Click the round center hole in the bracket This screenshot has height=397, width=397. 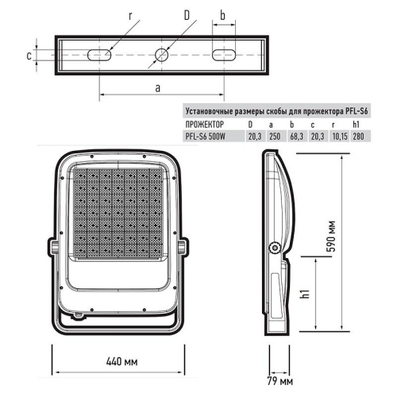point(162,56)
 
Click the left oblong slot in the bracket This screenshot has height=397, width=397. point(98,56)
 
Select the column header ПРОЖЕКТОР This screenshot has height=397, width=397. point(204,125)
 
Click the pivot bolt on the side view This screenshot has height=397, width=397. point(276,248)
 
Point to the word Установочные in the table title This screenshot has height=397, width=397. point(209,111)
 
